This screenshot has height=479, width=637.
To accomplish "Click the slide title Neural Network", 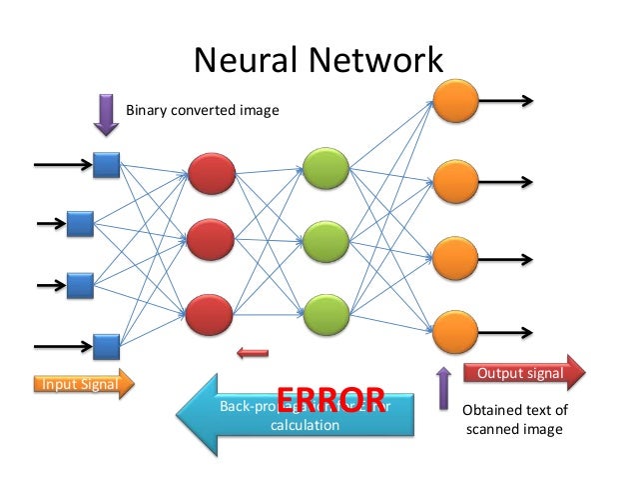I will tap(318, 61).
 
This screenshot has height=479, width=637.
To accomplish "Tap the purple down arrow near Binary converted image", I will tap(106, 113).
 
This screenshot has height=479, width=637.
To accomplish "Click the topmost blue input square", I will tap(107, 164).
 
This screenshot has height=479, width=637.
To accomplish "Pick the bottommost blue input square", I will tap(107, 346).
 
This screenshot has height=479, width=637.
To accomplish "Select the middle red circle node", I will tap(211, 241).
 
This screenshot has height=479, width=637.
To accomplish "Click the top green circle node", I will tap(325, 168).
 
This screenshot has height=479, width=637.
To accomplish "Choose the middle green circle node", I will tap(325, 239).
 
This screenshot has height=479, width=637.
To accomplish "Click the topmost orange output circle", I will tap(452, 101).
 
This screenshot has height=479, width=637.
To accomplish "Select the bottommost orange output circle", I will tap(452, 330).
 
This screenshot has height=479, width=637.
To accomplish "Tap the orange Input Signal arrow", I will tap(81, 384).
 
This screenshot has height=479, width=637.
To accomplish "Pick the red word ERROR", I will tap(330, 398).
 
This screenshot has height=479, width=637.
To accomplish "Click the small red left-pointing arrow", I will tap(254, 351).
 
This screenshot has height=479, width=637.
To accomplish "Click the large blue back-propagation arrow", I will tap(290, 407).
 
